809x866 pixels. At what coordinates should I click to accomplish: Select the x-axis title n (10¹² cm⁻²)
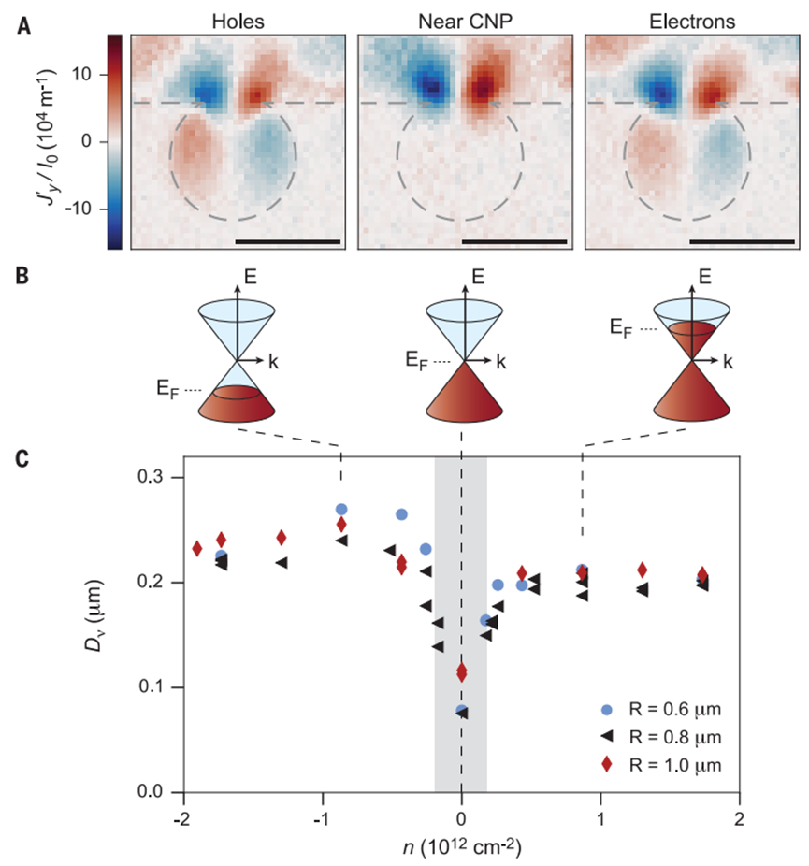[461, 843]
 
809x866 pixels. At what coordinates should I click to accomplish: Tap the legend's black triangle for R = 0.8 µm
[608, 737]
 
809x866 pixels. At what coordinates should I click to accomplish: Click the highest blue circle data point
[341, 510]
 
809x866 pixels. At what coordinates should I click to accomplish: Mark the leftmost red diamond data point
[197, 548]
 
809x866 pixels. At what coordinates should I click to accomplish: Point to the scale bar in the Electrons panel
[741, 241]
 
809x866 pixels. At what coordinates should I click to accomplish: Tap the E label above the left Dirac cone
[239, 277]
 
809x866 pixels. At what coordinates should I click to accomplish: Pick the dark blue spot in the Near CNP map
[431, 88]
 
